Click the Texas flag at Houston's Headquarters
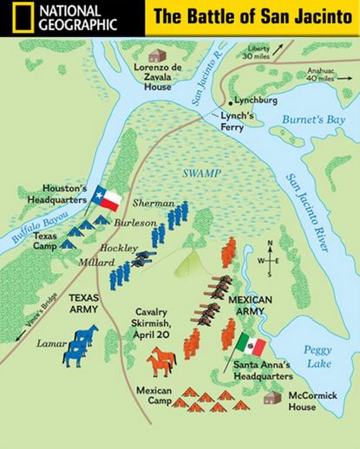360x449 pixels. point(107,198)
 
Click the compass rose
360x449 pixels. point(271,259)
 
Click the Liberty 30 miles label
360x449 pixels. point(255,52)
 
